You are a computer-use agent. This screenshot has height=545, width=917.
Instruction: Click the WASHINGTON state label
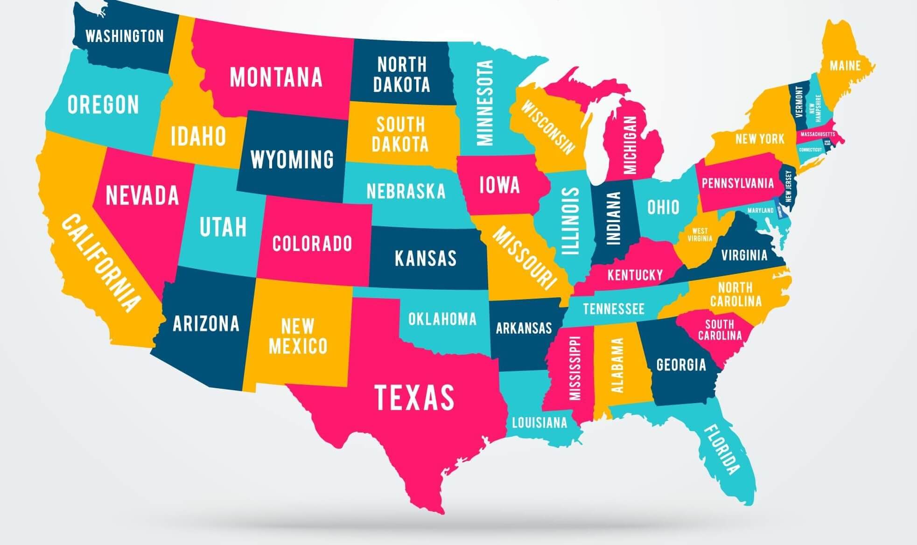tap(125, 36)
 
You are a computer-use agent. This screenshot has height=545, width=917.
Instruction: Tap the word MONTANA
tap(276, 77)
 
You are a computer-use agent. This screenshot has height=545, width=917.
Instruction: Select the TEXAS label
tap(414, 398)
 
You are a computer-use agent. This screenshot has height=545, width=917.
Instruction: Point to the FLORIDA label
tap(721, 449)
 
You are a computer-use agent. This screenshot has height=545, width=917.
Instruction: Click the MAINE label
tap(845, 65)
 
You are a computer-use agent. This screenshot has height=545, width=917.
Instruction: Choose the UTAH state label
tap(223, 227)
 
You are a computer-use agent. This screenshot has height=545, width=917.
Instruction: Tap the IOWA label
tap(499, 185)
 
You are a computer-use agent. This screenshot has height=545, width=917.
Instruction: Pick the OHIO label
tap(663, 207)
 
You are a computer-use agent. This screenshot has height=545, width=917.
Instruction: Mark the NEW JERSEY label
tap(789, 186)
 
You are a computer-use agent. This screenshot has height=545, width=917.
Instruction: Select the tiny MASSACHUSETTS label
tap(818, 134)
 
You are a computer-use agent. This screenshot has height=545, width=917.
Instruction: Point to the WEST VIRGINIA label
tap(700, 235)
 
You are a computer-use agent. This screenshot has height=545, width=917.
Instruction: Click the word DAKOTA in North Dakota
tap(401, 84)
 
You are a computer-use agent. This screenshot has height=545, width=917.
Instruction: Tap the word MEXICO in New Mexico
tap(298, 346)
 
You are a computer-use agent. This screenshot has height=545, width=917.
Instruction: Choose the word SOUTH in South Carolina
tap(720, 324)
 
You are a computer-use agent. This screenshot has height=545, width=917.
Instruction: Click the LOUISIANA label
tap(539, 423)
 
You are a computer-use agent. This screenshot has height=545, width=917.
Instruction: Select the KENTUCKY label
tap(635, 275)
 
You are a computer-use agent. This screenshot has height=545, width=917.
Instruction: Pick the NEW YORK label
tap(760, 139)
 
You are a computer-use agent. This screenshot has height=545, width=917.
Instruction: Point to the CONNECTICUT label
tap(810, 150)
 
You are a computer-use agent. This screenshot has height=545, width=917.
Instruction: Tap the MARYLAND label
tap(761, 210)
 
